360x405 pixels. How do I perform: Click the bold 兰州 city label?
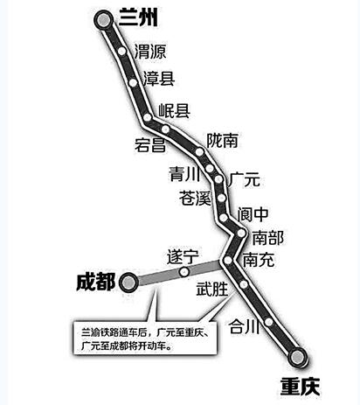point(138,17)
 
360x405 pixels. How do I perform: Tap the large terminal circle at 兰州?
point(104,20)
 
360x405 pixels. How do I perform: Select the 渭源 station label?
point(150,52)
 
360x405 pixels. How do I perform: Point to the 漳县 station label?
point(159,79)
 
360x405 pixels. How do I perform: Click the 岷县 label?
point(174,111)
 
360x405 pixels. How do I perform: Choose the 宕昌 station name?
point(150,144)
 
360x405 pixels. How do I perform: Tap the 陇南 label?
point(222,141)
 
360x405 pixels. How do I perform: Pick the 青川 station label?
point(184,174)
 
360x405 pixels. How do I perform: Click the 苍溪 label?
point(195,198)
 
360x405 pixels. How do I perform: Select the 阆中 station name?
point(253,214)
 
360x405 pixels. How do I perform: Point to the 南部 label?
point(267,238)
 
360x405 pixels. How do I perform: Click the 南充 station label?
point(259,260)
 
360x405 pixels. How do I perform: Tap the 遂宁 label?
point(183,257)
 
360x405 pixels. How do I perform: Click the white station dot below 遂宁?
point(184,272)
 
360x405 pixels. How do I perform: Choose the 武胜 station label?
point(211,290)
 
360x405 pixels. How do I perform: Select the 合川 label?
point(244,326)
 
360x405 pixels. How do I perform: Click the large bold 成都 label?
point(96,282)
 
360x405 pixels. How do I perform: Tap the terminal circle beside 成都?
point(128,283)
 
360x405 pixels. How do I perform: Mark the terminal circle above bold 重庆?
point(297,357)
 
